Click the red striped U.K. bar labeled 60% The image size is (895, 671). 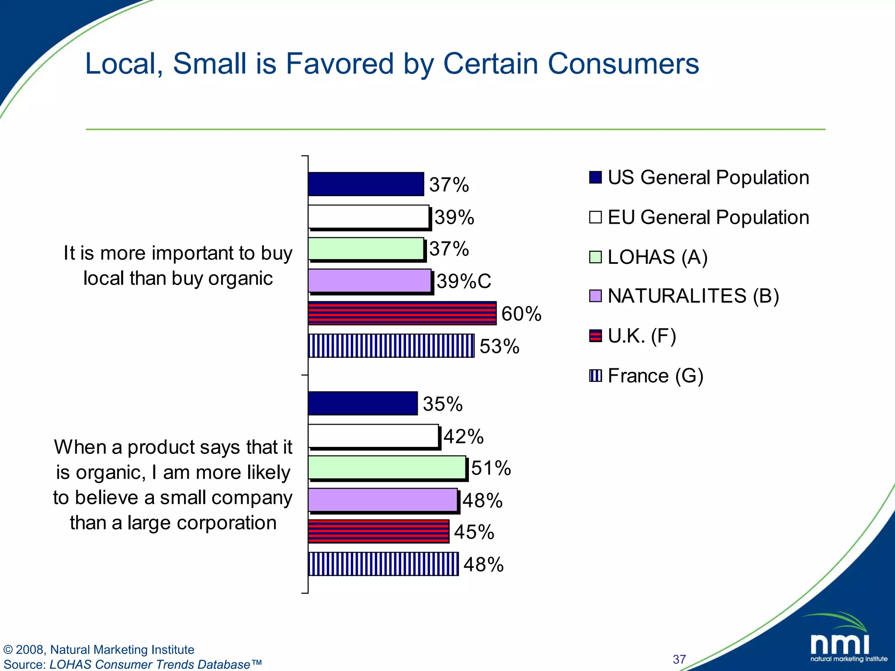click(x=402, y=313)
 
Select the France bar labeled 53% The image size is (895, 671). click(x=391, y=346)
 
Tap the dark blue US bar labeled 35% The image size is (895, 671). click(x=363, y=403)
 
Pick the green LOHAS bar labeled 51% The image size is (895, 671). click(x=387, y=467)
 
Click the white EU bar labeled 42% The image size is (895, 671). click(x=373, y=436)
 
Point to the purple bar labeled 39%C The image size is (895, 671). click(x=370, y=280)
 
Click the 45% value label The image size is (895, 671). click(x=474, y=532)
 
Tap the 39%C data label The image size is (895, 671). click(x=464, y=281)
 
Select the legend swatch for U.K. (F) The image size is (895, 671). click(x=595, y=335)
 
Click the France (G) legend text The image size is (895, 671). click(x=656, y=376)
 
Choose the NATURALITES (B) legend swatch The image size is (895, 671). click(x=595, y=296)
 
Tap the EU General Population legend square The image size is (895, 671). click(x=595, y=217)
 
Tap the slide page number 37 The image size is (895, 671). click(x=679, y=659)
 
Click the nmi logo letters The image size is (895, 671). click(x=839, y=644)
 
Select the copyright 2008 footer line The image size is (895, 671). click(x=99, y=650)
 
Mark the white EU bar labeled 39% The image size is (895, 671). click(x=368, y=217)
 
